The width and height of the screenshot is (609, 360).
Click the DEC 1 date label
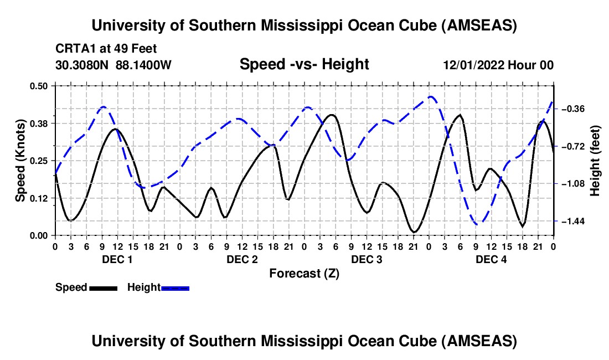(117, 259)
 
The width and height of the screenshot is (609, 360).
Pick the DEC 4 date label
(491, 259)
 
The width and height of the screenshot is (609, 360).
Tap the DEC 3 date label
(367, 259)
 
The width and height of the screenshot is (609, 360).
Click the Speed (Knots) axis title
(20, 161)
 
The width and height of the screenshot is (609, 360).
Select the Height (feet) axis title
(596, 161)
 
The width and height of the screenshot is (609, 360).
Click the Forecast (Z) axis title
(304, 273)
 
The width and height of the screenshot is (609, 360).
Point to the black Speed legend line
(103, 288)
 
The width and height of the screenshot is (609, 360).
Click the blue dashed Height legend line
(175, 288)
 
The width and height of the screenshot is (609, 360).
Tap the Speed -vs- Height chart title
(304, 65)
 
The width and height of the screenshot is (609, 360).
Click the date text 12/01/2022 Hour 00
(498, 65)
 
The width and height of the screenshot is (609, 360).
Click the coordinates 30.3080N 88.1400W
(113, 65)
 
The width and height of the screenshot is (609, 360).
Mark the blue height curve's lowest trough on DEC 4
(479, 223)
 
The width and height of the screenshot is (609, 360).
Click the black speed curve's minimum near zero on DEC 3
(414, 232)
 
